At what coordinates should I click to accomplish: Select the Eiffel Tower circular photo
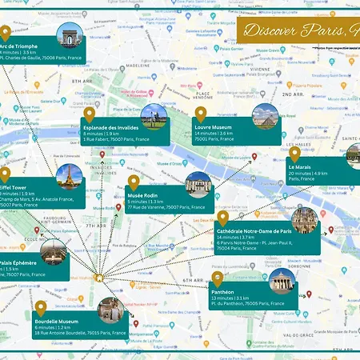point(70,175)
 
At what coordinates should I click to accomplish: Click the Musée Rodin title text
point(142,194)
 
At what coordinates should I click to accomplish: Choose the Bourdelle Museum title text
point(57,322)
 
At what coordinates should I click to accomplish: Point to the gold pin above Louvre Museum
point(200,113)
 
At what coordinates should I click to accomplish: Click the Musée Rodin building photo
point(198,185)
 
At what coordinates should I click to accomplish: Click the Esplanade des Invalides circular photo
point(153,117)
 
